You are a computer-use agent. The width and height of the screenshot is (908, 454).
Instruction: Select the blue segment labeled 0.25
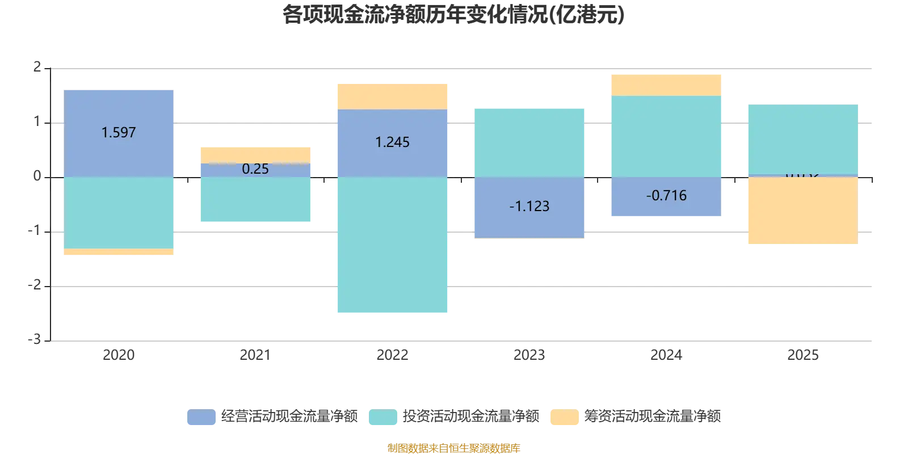click(256, 170)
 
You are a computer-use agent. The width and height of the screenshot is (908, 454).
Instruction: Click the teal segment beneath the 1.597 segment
click(119, 213)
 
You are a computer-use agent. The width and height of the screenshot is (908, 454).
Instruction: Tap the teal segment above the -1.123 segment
click(528, 142)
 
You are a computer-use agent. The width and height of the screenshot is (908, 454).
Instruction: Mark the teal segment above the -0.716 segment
click(665, 136)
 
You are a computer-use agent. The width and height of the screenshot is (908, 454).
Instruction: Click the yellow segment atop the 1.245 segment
click(392, 95)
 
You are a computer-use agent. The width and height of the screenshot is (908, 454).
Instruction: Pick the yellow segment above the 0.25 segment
click(256, 154)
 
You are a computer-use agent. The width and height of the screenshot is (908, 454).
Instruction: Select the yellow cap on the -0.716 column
click(665, 85)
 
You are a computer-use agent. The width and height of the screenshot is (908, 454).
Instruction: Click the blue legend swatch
click(201, 417)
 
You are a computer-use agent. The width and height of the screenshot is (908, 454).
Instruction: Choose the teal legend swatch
click(383, 417)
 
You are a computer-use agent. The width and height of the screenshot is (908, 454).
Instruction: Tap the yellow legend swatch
click(565, 417)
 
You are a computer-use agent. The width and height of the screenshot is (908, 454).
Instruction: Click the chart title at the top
click(453, 15)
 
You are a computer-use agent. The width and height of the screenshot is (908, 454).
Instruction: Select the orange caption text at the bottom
click(453, 447)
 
